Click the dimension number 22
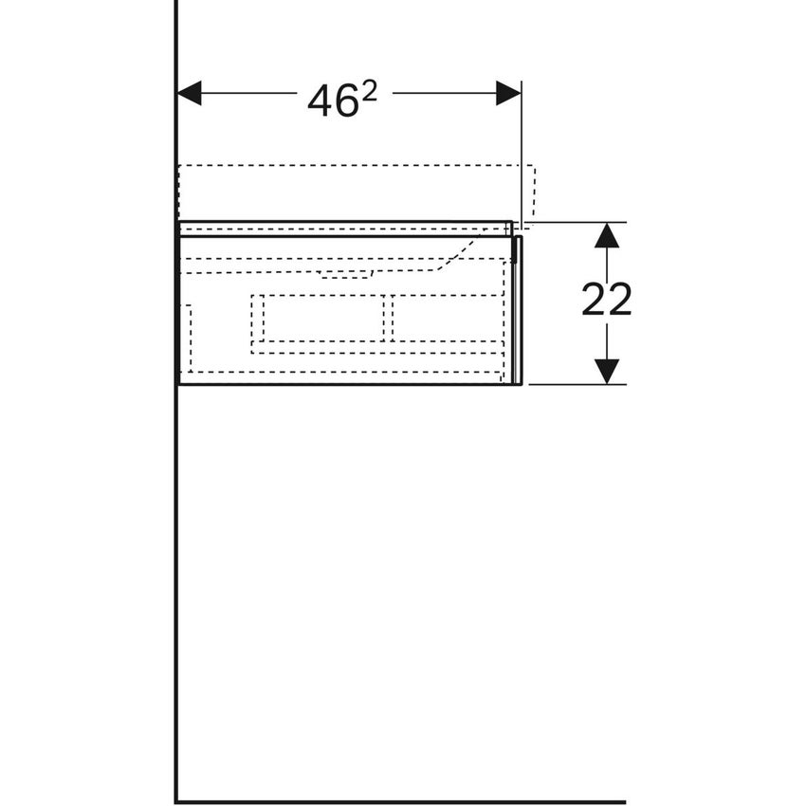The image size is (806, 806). point(606,301)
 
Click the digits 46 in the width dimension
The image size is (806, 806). point(332,101)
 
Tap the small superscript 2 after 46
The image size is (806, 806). point(370,90)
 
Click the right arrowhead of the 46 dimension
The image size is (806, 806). point(508,93)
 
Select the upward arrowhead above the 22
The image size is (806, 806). point(607,235)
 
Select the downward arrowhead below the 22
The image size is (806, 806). point(607,371)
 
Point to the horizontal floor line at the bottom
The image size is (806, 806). point(398,801)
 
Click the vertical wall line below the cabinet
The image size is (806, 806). point(176,588)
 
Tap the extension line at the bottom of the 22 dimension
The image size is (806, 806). point(569,384)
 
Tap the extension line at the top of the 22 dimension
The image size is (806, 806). point(569,223)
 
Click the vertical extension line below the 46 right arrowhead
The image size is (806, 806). point(522,161)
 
